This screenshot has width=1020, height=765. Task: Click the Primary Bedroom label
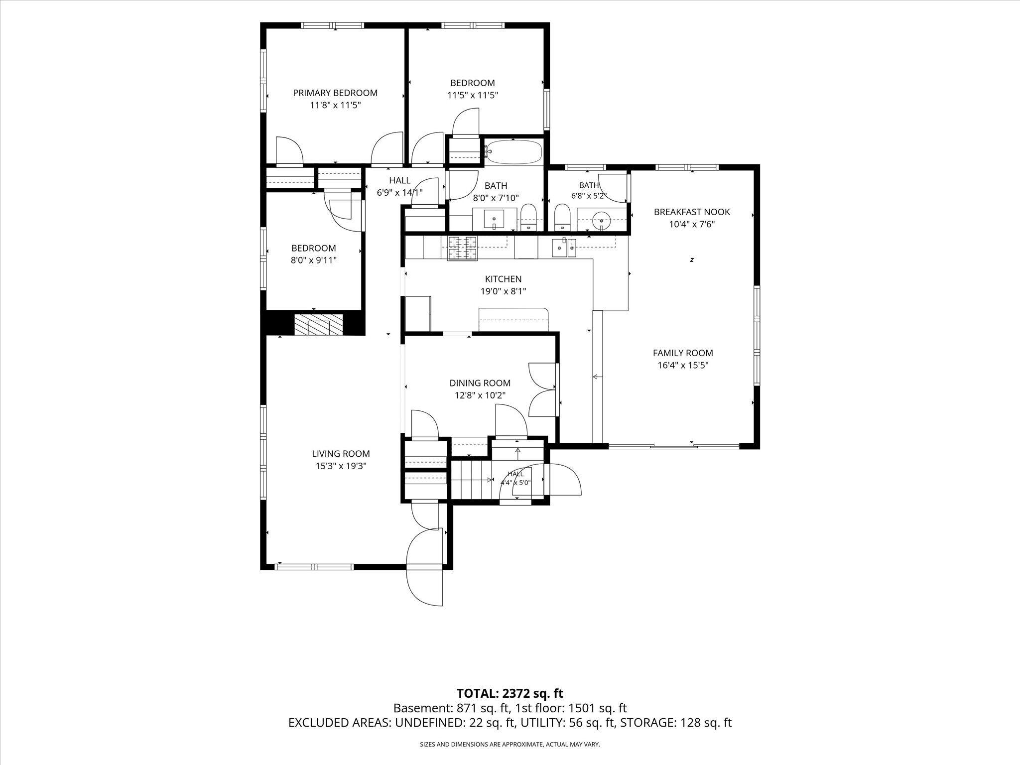coord(335,93)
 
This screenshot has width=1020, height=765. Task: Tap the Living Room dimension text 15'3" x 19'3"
coord(341,466)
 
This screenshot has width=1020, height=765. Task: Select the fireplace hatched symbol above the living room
coord(318,324)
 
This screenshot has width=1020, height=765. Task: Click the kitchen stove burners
coord(463,249)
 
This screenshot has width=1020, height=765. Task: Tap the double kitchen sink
coord(564,247)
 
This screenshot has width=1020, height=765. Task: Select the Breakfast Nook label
coord(692,212)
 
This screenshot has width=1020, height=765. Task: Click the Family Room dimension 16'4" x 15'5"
coord(683,365)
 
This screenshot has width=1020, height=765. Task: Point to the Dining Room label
coord(480,383)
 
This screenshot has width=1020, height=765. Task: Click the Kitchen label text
coord(504,279)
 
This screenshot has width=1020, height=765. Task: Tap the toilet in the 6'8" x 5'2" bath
coord(562,217)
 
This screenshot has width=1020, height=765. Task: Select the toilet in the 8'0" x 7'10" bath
coord(527,218)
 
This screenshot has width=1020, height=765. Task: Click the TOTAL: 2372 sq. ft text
coord(510,693)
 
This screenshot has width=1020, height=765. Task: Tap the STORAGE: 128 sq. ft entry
coord(676,723)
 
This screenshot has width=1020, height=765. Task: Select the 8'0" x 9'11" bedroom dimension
coord(314,260)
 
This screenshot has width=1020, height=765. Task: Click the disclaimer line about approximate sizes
coord(510,745)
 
